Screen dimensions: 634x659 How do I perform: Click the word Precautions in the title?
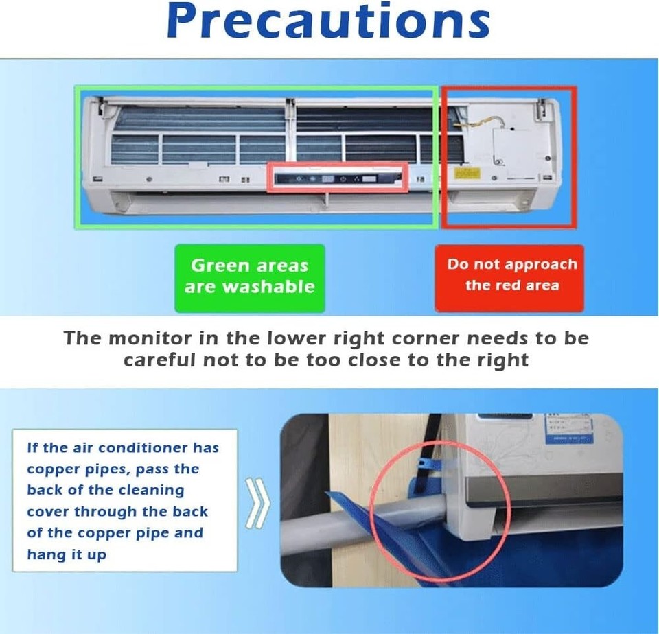[x=328, y=22]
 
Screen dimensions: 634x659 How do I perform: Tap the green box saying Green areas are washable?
[x=249, y=277]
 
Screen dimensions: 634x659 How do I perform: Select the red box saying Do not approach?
[x=509, y=277]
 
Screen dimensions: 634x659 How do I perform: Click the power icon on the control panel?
[x=342, y=179]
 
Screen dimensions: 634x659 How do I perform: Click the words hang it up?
[x=67, y=554]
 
